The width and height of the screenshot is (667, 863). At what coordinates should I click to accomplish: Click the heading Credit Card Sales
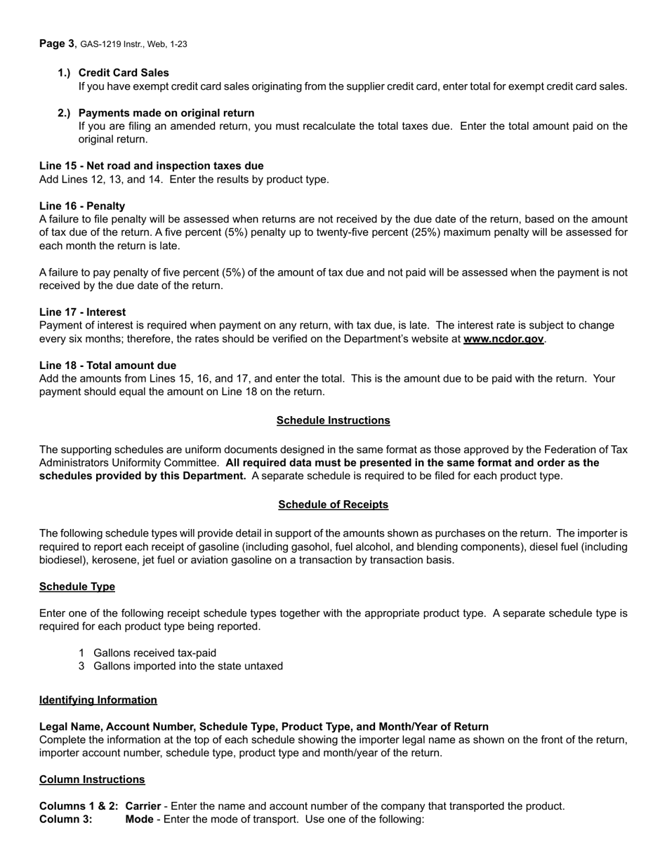pos(124,73)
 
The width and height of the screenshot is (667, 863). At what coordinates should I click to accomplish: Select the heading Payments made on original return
pos(166,113)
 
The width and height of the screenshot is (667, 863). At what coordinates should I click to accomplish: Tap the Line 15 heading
pos(151,166)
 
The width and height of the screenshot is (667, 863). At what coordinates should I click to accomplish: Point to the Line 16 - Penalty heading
pos(82,206)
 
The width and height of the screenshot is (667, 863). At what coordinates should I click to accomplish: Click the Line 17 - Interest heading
pos(82,312)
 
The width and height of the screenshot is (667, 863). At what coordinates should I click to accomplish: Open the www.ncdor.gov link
pos(503,340)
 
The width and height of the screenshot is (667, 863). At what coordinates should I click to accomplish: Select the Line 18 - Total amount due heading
pos(107,366)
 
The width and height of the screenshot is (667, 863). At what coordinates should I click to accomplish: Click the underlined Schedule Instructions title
pos(333,420)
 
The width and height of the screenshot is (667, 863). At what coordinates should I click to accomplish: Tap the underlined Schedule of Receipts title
pos(333,504)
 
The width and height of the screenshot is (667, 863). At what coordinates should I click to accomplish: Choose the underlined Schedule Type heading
pos(77,587)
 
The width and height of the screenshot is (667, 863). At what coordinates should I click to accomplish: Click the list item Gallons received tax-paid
pos(154,653)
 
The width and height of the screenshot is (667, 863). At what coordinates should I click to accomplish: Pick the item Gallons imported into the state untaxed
pos(188,666)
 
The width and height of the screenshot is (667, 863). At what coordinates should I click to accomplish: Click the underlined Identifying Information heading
pos(98,700)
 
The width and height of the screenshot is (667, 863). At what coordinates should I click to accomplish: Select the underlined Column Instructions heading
pos(92,780)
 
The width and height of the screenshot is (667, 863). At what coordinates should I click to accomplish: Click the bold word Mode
pos(139,819)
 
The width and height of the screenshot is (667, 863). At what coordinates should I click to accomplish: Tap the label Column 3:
pos(65,819)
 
